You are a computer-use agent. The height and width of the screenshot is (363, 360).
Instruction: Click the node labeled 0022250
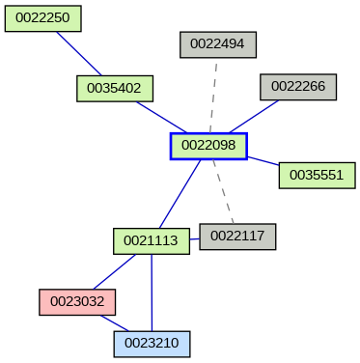42,18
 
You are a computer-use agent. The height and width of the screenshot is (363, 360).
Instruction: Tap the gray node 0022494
217,43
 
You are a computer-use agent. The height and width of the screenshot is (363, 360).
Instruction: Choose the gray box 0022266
297,86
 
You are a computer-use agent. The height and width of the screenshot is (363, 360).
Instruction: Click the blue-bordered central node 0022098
208,146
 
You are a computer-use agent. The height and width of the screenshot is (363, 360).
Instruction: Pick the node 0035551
317,175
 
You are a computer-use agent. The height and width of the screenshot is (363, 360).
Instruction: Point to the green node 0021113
151,240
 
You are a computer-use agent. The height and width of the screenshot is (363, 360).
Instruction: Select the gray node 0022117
237,236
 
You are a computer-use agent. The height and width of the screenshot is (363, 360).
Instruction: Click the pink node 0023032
77,301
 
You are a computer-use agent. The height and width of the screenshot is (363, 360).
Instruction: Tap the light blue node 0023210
152,342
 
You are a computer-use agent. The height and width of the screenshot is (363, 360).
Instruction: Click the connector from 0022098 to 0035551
263,160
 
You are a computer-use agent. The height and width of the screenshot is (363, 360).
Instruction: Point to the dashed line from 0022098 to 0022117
223,191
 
